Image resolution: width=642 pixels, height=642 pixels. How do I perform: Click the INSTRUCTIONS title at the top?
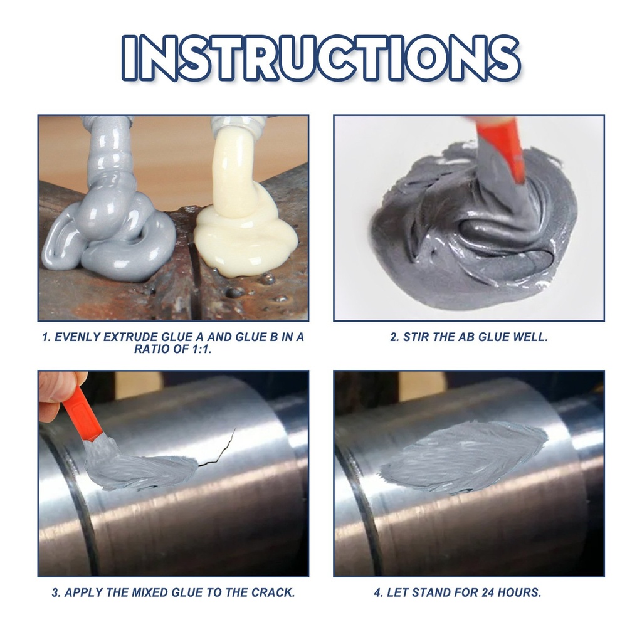coord(320,58)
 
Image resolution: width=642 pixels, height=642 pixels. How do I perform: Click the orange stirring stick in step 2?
coord(502,147)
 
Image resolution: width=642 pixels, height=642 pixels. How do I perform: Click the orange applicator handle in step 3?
coord(82,414)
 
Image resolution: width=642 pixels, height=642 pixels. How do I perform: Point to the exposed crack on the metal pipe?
coord(219,448)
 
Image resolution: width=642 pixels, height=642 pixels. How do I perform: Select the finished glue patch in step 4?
coord(464,456)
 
